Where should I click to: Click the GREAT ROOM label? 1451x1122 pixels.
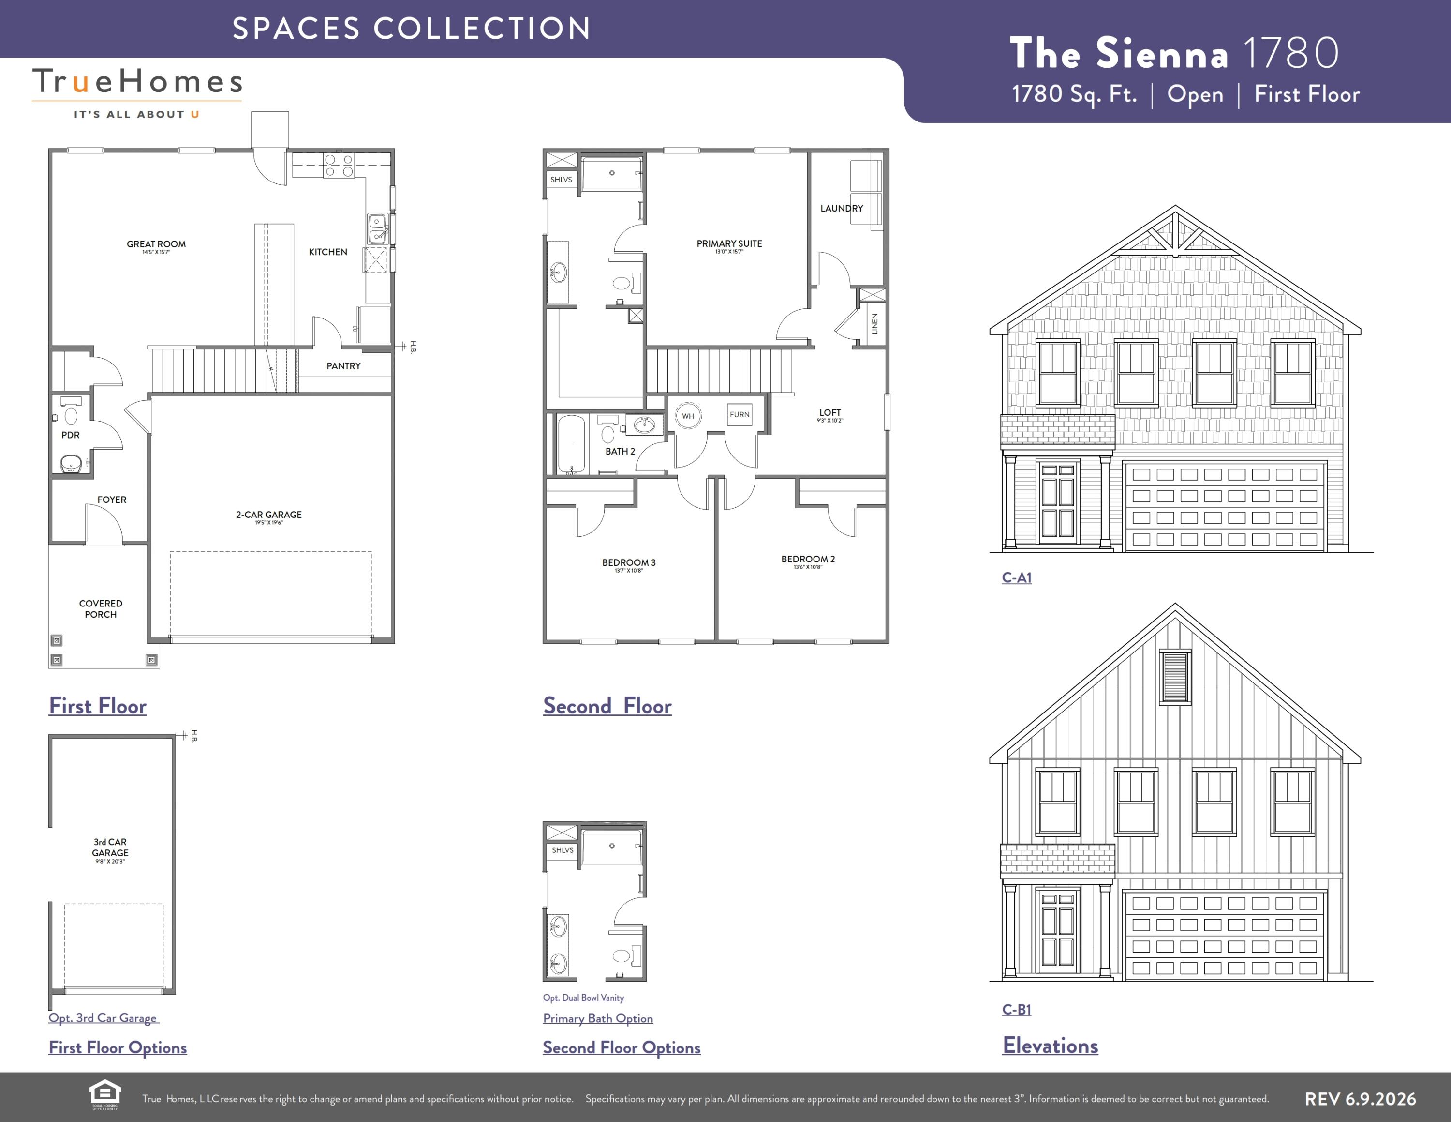pyautogui.click(x=156, y=244)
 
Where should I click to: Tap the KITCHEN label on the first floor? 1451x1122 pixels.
pyautogui.click(x=327, y=252)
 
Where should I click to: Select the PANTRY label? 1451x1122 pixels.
pyautogui.click(x=343, y=365)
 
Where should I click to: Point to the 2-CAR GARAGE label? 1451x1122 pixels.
pyautogui.click(x=268, y=515)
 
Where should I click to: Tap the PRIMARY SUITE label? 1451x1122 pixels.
pyautogui.click(x=729, y=243)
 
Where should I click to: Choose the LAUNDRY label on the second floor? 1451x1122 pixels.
pyautogui.click(x=841, y=208)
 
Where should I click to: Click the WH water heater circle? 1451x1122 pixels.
pyautogui.click(x=688, y=416)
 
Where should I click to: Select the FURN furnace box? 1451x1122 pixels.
pyautogui.click(x=740, y=415)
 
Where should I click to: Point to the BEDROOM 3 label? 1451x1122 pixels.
pyautogui.click(x=628, y=562)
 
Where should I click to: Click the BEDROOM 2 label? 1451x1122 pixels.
pyautogui.click(x=808, y=559)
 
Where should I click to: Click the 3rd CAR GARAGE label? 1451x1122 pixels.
pyautogui.click(x=110, y=848)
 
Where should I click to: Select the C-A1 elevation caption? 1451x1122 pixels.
pyautogui.click(x=1017, y=577)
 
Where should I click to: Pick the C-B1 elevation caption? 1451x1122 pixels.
pyautogui.click(x=1017, y=1009)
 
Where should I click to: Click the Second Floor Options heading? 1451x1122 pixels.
pyautogui.click(x=621, y=1047)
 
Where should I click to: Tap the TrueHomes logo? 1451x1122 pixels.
pyautogui.click(x=137, y=92)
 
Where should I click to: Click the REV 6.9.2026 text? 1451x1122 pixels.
pyautogui.click(x=1360, y=1099)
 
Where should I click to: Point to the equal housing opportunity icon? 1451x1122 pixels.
pyautogui.click(x=105, y=1095)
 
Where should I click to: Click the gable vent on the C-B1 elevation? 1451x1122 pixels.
pyautogui.click(x=1175, y=677)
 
